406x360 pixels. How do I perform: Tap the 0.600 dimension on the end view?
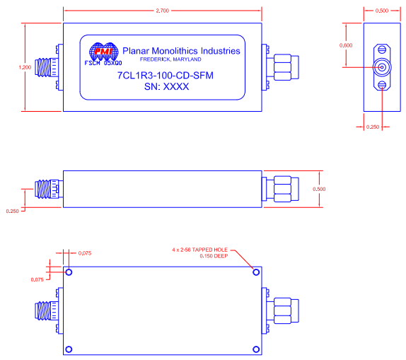click(345, 45)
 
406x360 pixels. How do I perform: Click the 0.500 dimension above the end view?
click(382, 11)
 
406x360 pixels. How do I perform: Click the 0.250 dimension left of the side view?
click(12, 211)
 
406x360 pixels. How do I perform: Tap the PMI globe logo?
click(103, 52)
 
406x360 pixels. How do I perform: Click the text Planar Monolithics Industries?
click(181, 51)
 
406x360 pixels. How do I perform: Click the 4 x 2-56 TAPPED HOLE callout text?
click(201, 250)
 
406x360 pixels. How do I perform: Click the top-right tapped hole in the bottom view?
click(256, 272)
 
